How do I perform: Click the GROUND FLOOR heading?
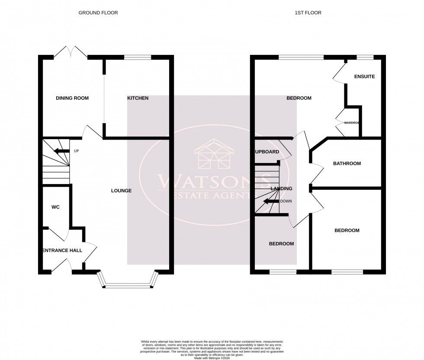tap(98, 13)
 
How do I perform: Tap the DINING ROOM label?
tap(72, 99)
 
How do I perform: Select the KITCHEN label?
tap(138, 99)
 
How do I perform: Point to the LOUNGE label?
tap(121, 191)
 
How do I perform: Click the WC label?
tap(55, 207)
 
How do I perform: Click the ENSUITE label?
tap(364, 77)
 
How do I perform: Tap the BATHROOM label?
tap(347, 164)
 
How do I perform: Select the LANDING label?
tap(281, 189)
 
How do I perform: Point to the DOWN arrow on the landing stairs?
tap(271, 201)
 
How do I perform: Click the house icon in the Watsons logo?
tap(214, 154)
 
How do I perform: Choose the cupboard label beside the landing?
tap(267, 152)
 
